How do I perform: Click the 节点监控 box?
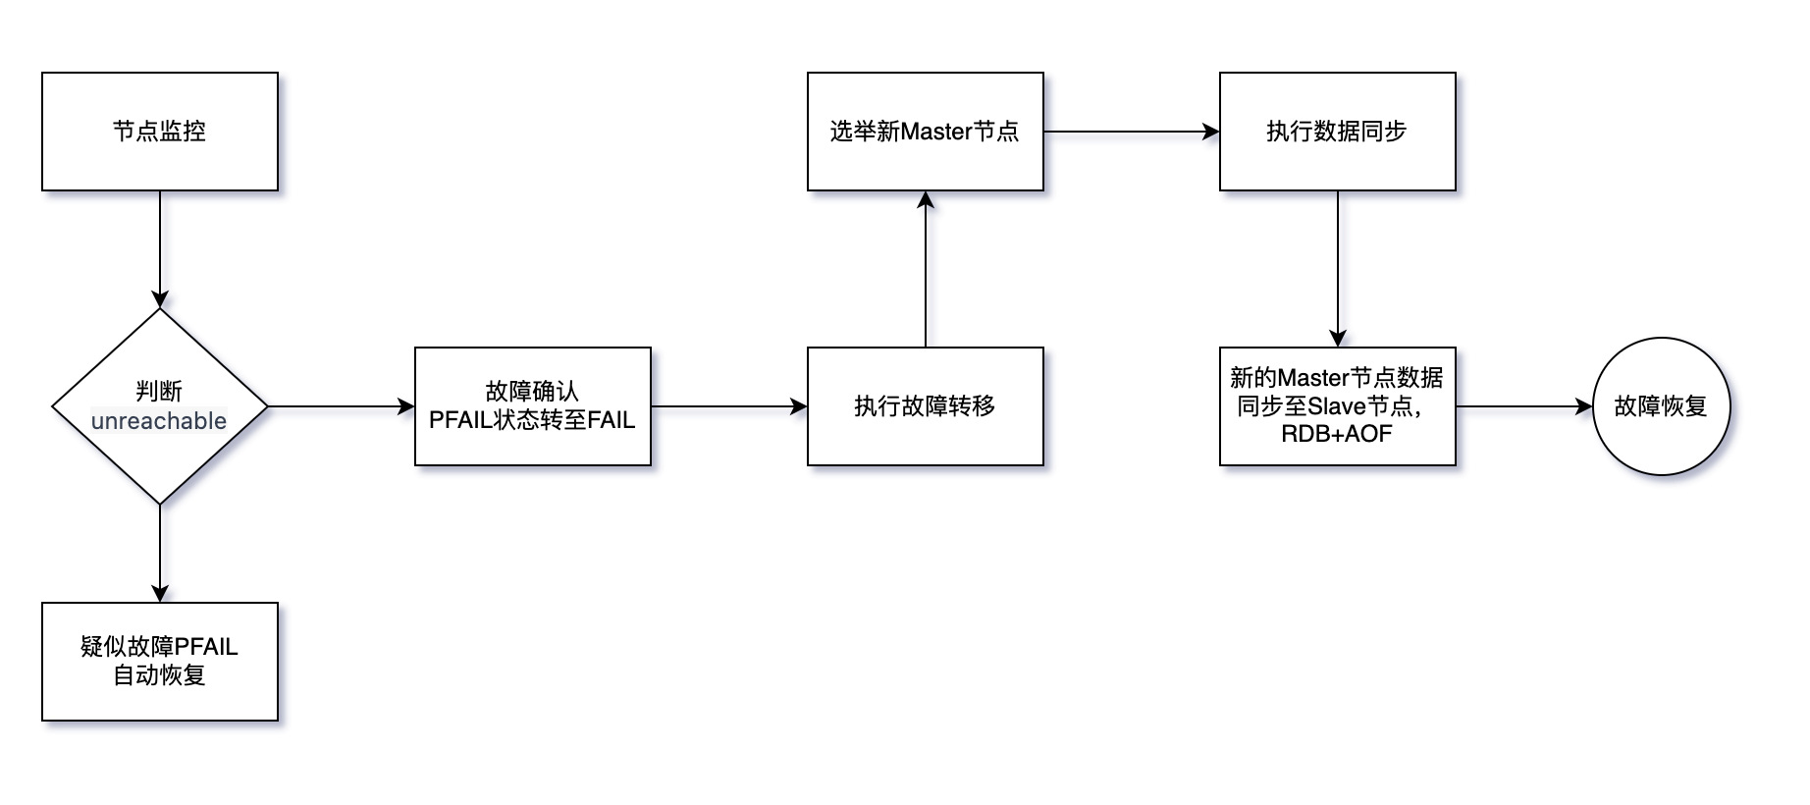pos(160,132)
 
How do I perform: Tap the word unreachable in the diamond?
pos(159,421)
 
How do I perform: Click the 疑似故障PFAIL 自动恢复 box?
pos(160,661)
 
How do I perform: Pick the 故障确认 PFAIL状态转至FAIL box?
pos(532,406)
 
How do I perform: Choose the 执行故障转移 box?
pos(925,406)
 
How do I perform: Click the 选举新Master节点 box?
pos(925,132)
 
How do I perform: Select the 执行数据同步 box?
pos(1337,132)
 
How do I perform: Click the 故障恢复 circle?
pos(1661,406)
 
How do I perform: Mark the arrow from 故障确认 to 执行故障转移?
pos(728,406)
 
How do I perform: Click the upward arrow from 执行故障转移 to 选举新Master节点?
pos(925,269)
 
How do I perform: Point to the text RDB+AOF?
pos(1336,434)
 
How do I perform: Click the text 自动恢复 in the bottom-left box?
pos(159,675)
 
